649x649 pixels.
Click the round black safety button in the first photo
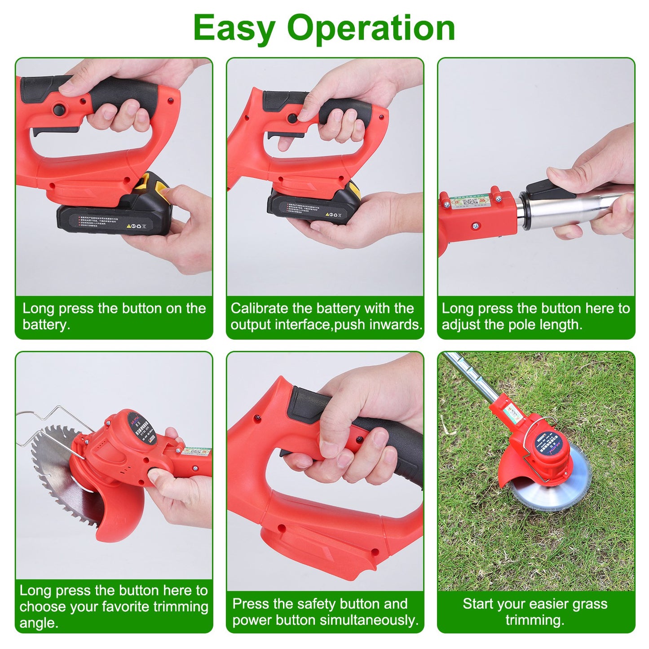pos(59,109)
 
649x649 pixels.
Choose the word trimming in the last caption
pos(534,620)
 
